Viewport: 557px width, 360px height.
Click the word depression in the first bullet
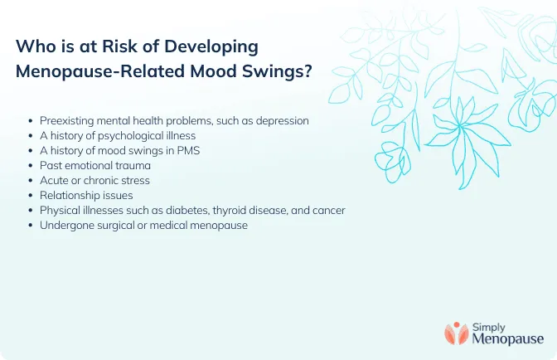pos(281,120)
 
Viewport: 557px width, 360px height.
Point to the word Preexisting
pos(69,120)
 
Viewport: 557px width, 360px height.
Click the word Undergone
pos(67,226)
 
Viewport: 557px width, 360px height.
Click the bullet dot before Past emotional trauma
pos(31,166)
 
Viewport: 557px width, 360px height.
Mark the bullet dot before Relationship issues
pos(31,196)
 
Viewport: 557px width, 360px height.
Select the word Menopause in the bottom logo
pos(507,338)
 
